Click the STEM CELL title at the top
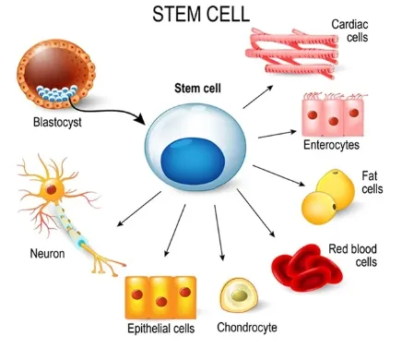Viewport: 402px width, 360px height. [201, 14]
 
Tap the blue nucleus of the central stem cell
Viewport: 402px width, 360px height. [193, 161]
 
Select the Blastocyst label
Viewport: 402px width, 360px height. [57, 123]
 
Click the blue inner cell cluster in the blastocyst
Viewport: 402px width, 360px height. [56, 93]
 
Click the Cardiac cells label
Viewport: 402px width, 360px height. [350, 30]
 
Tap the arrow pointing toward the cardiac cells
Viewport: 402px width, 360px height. [258, 97]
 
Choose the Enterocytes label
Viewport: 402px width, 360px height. [331, 145]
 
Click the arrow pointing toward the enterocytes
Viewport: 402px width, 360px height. [278, 135]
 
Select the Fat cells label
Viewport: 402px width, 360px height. [372, 182]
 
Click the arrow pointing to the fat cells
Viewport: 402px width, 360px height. [278, 175]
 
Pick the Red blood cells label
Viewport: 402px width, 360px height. [353, 255]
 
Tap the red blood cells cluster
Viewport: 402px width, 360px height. [307, 268]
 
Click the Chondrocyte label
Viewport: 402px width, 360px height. [247, 328]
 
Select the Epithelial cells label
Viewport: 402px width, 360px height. [161, 329]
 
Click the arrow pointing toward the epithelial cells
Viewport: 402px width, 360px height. [175, 231]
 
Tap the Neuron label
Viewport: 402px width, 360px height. [47, 254]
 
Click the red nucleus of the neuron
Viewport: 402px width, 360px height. [52, 189]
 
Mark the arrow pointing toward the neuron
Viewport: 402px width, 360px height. [139, 209]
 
